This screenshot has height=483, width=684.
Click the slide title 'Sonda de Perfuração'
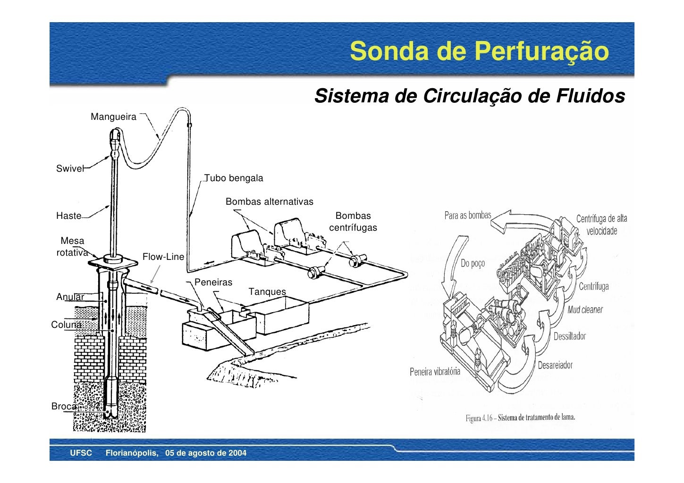[479, 51]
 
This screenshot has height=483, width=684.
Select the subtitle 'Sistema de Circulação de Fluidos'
[470, 96]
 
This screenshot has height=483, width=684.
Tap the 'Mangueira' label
[113, 117]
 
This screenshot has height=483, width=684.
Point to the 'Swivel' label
[69, 169]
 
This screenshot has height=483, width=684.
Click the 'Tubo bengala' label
[234, 178]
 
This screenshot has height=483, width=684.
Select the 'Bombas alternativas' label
[269, 202]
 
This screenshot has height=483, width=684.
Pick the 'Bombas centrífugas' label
[353, 222]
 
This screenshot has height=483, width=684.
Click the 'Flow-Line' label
[163, 257]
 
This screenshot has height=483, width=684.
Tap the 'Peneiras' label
[213, 283]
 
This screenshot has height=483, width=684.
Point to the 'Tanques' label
[267, 292]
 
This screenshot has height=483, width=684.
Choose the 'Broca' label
[64, 406]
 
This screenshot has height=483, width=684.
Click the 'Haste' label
[69, 216]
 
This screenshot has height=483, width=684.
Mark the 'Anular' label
[70, 297]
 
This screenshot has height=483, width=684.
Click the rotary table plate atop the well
[112, 261]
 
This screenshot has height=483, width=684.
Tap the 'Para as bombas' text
[467, 216]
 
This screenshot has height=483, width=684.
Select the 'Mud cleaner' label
[585, 310]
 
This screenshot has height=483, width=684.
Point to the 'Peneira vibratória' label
[434, 372]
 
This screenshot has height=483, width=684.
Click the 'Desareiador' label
[555, 365]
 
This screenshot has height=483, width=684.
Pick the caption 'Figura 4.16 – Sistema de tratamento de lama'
[520, 418]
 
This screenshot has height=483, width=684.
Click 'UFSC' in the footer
[81, 453]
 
